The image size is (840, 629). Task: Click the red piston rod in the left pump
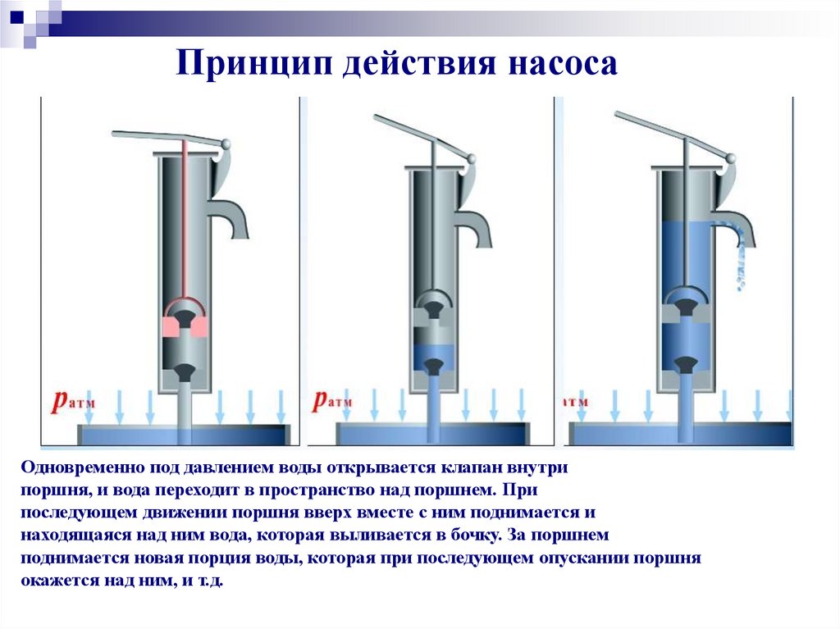click(x=185, y=220)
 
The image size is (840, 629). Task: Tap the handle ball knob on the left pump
click(x=226, y=144)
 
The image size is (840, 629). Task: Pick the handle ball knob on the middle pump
click(x=472, y=159)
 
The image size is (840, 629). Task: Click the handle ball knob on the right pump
click(x=729, y=158)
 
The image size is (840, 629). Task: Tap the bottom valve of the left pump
click(x=185, y=371)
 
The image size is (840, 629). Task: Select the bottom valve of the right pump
click(x=685, y=364)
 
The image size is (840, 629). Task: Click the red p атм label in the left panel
click(x=73, y=401)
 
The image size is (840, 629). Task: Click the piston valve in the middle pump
click(x=433, y=310)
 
